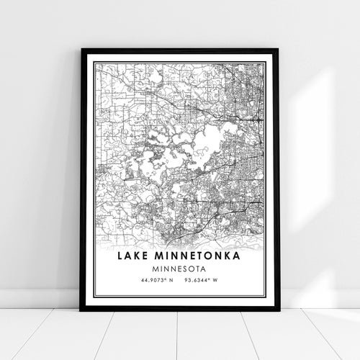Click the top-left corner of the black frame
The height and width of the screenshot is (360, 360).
click(82, 50)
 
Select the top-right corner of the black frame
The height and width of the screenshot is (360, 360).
click(278, 50)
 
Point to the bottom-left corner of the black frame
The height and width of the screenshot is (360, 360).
click(81, 310)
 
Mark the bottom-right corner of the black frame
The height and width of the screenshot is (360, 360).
click(278, 310)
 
